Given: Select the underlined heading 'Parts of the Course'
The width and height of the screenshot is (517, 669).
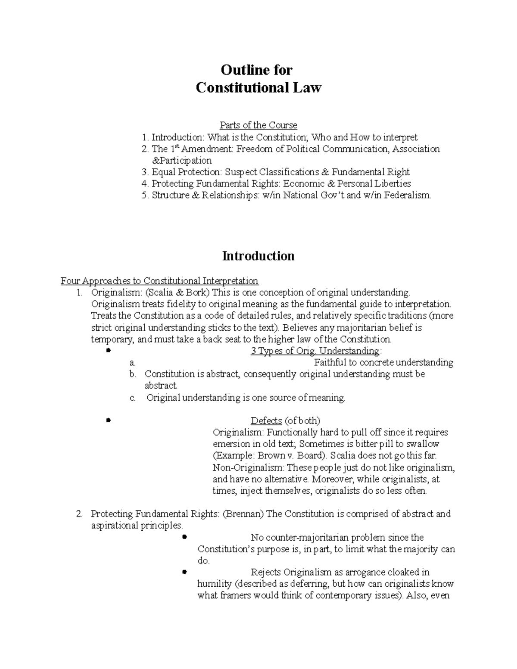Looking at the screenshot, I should pyautogui.click(x=258, y=125).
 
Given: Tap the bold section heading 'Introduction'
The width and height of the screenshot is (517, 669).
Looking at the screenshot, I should pyautogui.click(x=258, y=256).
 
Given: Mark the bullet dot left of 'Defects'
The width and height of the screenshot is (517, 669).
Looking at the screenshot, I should pyautogui.click(x=108, y=420).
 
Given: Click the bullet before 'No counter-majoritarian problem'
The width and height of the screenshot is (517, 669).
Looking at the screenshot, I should pyautogui.click(x=184, y=537).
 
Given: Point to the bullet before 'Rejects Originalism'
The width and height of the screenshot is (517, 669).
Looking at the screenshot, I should pyautogui.click(x=184, y=572).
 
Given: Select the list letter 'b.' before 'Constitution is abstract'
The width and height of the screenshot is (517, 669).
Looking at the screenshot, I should pyautogui.click(x=133, y=374).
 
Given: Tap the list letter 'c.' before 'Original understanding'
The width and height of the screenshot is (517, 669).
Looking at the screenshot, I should pyautogui.click(x=133, y=398).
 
